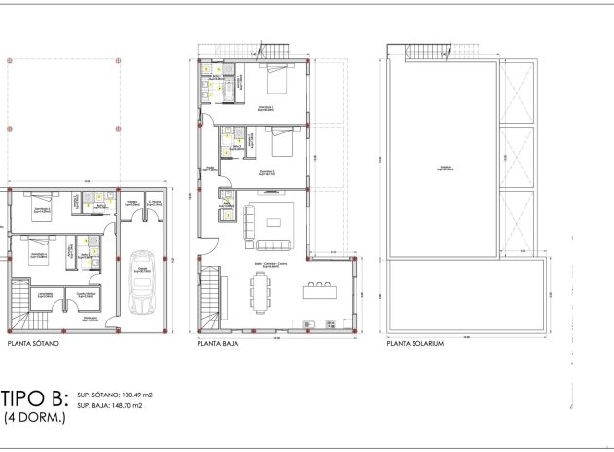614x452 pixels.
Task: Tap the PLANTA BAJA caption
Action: tap(219, 344)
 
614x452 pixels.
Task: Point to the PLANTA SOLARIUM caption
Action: tap(415, 344)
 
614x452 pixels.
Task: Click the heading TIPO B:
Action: tap(34, 398)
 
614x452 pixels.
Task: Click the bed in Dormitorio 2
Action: tap(280, 143)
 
